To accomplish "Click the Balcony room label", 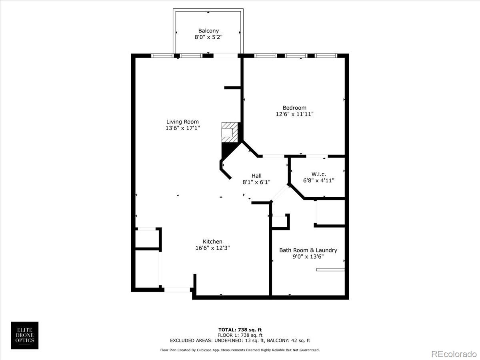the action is point(208,31).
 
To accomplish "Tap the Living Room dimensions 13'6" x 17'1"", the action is point(182,128).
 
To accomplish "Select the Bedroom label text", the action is point(294,108).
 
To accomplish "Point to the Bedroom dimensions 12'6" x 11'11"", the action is point(294,114).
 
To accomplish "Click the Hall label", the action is point(256,176).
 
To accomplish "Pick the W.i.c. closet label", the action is point(319,174).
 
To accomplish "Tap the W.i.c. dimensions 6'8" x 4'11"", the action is point(319,180).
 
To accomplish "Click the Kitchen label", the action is point(212,242).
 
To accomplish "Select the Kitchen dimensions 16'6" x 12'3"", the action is point(212,248).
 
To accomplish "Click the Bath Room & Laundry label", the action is point(308,250).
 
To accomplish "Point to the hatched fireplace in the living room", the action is point(230,132).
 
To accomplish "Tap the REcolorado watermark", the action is point(454,354).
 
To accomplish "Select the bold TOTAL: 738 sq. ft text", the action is point(240,330).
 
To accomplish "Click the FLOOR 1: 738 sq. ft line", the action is point(240,335).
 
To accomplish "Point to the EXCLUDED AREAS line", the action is point(240,340).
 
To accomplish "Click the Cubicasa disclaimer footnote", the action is point(240,350).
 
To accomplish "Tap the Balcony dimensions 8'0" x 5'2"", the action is point(208,37).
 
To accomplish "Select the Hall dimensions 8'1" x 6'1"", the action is point(256,182).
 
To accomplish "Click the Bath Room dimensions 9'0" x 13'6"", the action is point(308,257).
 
